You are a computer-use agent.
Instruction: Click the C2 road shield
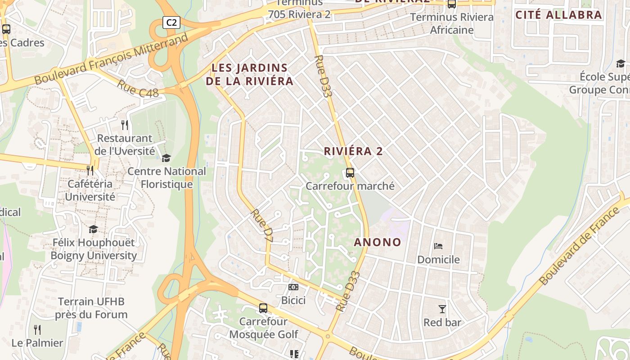[171, 22]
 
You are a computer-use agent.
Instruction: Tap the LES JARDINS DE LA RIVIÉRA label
[249, 75]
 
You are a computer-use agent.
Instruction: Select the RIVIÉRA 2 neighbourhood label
[353, 151]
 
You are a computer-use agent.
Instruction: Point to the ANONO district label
[378, 242]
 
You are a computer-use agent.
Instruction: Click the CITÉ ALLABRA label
[558, 15]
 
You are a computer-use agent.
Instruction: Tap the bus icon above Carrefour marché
[350, 172]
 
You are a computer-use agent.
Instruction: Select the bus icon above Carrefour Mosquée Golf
[263, 308]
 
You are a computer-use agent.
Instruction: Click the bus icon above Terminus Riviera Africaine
[452, 4]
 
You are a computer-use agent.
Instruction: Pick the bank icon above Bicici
[293, 287]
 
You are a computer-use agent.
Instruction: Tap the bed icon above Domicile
[438, 246]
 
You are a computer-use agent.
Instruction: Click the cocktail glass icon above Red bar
[442, 309]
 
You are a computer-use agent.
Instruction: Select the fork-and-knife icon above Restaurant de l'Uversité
[125, 125]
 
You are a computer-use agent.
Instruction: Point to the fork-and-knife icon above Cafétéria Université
[90, 170]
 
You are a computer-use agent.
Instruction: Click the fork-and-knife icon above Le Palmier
[37, 330]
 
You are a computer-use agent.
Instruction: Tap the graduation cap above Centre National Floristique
[166, 158]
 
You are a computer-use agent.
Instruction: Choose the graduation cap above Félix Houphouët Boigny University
[93, 229]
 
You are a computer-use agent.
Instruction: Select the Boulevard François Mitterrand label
[111, 59]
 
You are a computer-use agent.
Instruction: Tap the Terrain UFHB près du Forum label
[91, 308]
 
